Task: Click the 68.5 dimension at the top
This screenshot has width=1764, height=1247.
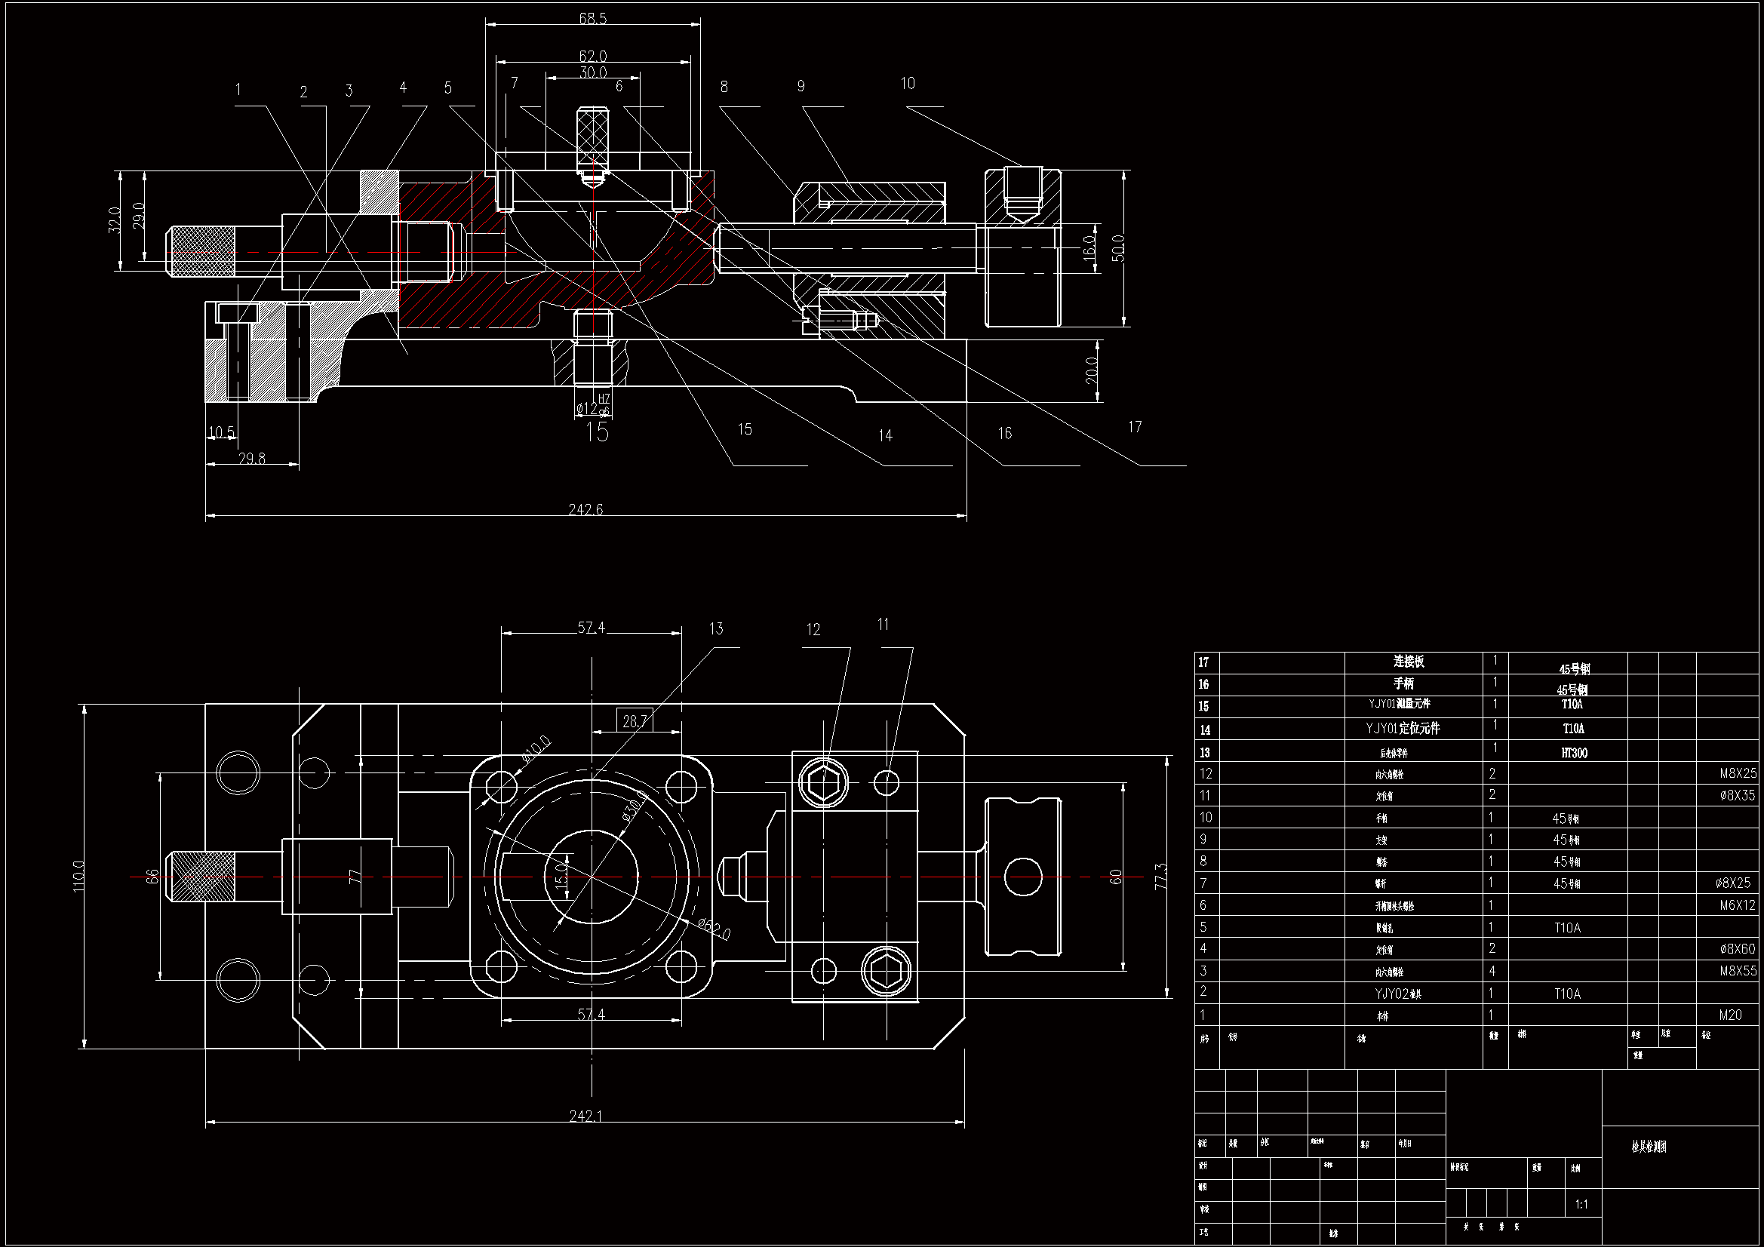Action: point(592,17)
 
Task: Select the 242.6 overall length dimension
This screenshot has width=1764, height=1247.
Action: point(585,509)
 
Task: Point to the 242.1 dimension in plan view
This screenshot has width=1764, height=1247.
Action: point(585,1116)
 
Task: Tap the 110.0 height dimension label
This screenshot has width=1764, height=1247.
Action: point(78,876)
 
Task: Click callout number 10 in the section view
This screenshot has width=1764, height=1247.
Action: point(908,83)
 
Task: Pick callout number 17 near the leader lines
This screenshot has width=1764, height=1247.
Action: point(1135,426)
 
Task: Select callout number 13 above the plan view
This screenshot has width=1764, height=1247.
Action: point(716,629)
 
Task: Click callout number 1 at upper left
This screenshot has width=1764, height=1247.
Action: point(238,89)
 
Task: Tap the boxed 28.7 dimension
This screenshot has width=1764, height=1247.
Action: point(635,720)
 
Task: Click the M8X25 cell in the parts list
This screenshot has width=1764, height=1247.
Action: point(1738,773)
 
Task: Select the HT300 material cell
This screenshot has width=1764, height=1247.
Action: point(1573,753)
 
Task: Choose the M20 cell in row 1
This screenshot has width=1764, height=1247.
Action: point(1730,1015)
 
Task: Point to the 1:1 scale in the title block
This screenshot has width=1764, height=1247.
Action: point(1581,1204)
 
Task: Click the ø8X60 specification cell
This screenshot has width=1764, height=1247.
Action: point(1737,949)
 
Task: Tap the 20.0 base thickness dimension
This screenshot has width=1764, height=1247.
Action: point(1091,370)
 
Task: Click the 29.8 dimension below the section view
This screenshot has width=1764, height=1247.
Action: point(251,458)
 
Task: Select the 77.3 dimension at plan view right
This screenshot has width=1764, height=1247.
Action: point(1160,876)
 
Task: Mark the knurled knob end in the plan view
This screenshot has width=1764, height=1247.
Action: point(201,877)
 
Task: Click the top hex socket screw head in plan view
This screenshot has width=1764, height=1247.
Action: point(824,783)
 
